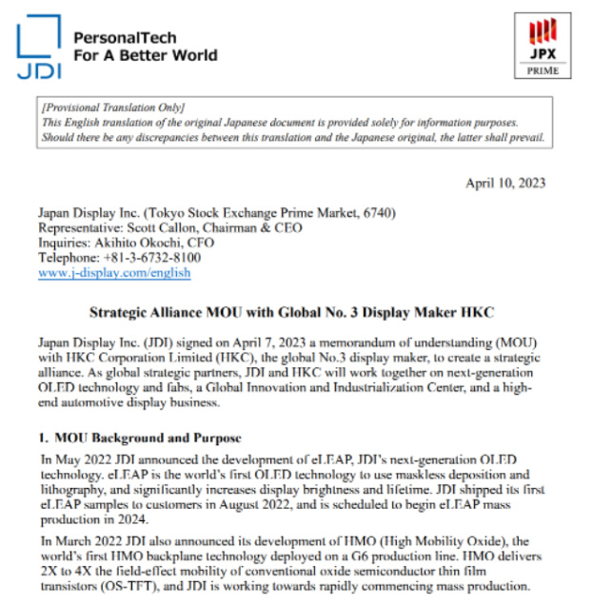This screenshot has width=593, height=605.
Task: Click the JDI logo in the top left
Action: point(39,47)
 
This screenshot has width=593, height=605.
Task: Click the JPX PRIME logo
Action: point(543,45)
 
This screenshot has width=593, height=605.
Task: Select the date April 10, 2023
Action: point(505,183)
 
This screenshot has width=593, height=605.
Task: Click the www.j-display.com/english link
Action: point(114,272)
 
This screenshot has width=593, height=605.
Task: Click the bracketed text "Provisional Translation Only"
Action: point(113,107)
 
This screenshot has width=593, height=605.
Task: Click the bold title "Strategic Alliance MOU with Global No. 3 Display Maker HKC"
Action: point(292,311)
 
